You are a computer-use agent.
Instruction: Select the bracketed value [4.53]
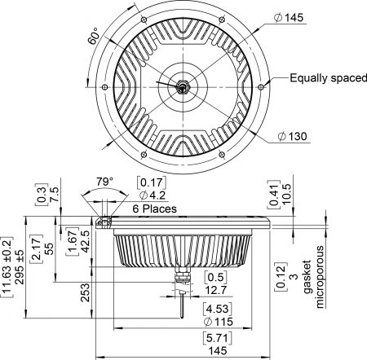coord(193,309)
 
